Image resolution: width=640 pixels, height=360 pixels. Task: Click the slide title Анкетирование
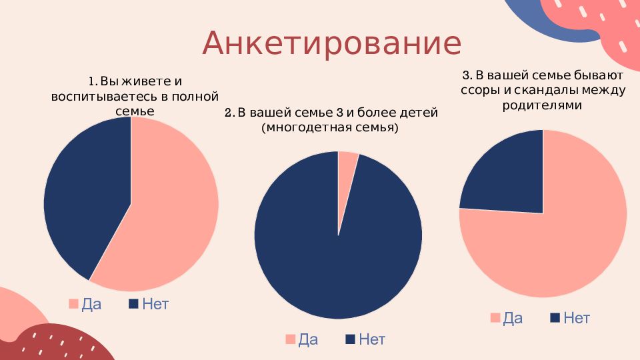332,43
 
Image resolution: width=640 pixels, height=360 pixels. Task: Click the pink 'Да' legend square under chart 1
73,304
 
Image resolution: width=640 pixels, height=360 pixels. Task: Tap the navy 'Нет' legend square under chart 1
133,304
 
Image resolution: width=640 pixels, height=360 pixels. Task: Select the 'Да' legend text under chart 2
308,339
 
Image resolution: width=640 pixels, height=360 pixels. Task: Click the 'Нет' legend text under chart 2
372,339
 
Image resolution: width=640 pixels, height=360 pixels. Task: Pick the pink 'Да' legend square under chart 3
495,318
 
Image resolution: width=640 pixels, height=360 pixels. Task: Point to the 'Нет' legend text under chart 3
577,318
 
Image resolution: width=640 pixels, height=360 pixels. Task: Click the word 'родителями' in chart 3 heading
542,105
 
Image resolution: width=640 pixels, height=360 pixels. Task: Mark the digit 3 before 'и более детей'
339,112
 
